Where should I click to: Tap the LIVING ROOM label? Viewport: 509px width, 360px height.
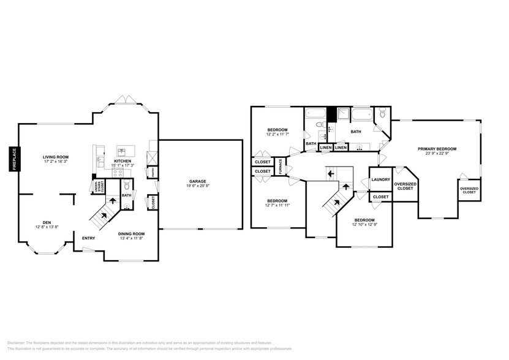(x=55, y=157)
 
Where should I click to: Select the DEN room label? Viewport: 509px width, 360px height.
(x=47, y=222)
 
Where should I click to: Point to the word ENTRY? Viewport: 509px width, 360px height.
(x=89, y=238)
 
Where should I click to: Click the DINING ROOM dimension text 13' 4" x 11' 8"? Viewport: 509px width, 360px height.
(x=132, y=238)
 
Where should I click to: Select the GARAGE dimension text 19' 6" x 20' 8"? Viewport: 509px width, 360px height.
(x=197, y=186)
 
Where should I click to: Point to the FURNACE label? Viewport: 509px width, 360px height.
(x=281, y=166)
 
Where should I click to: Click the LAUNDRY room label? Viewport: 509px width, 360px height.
(x=381, y=179)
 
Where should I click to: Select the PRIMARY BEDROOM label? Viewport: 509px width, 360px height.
(x=437, y=149)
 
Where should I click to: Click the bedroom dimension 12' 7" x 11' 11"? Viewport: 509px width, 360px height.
(x=277, y=206)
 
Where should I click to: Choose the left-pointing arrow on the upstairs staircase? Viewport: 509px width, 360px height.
(x=331, y=174)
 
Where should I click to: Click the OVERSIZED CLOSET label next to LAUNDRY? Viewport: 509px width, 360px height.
(x=405, y=186)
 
